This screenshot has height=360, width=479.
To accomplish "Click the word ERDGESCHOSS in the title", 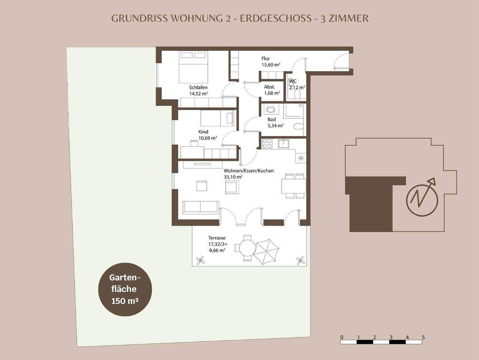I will pos(275,18).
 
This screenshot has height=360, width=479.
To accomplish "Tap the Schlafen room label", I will pos(198,88).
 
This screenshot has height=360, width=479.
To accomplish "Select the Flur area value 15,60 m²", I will pos(271,65).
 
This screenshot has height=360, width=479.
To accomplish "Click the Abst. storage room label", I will pos(269,87).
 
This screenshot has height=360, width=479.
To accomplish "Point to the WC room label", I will pos(292,81).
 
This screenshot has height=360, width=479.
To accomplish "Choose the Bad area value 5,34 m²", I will pos(275,126).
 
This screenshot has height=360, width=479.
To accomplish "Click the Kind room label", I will pos(203,132).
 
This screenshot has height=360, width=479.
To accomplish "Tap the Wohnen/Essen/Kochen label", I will pos(249,171).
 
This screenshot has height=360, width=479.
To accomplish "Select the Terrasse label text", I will pos(217,238).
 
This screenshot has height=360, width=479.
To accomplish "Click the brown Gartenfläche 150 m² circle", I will pos(125,289).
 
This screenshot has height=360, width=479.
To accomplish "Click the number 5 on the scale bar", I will pos(423,337).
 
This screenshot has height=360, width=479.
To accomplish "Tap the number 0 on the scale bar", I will pos(342,337).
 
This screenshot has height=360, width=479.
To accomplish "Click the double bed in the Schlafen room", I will pos(193,67).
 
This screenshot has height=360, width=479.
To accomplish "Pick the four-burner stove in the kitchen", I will pos(267,144).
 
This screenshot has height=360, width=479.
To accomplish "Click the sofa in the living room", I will pos(201,207).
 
